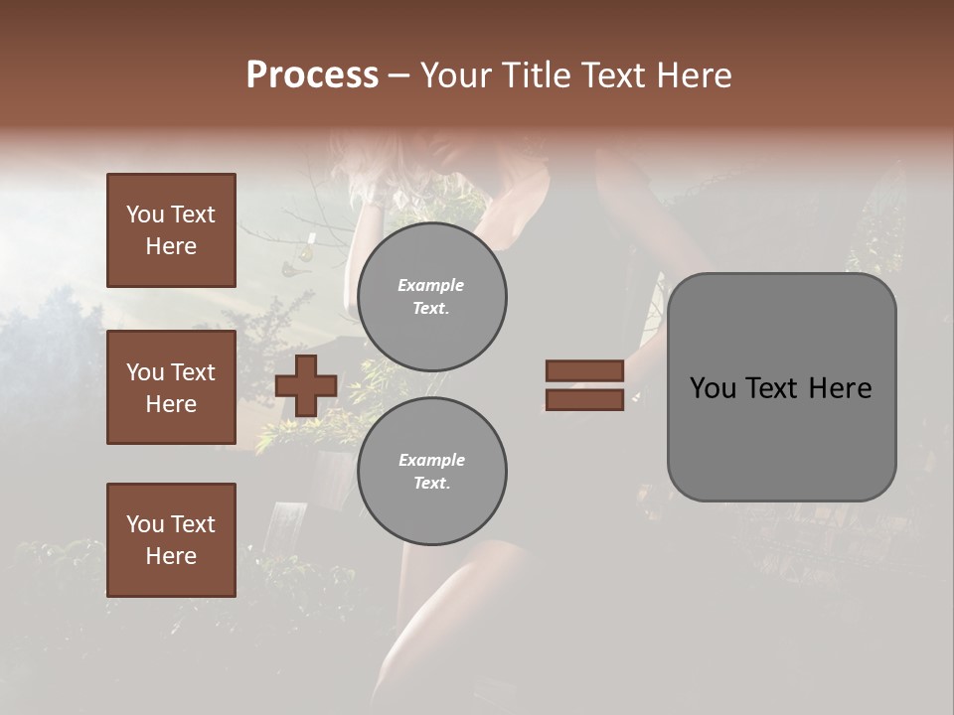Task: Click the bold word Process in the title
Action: coord(312,75)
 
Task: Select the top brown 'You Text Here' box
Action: coord(171,230)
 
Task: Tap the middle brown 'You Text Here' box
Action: coord(171,387)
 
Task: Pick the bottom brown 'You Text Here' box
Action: coord(171,540)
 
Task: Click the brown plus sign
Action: coord(306,385)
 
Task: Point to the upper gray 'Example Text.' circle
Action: coord(431,297)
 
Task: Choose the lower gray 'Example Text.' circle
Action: coord(431,472)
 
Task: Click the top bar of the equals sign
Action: coord(584,370)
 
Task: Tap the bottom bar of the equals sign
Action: coord(584,400)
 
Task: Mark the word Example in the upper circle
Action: coord(430,285)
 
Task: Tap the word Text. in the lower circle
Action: coord(431,484)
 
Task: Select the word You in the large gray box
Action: coord(713,388)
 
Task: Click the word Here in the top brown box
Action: coord(171,246)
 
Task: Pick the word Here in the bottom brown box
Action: coord(171,556)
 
